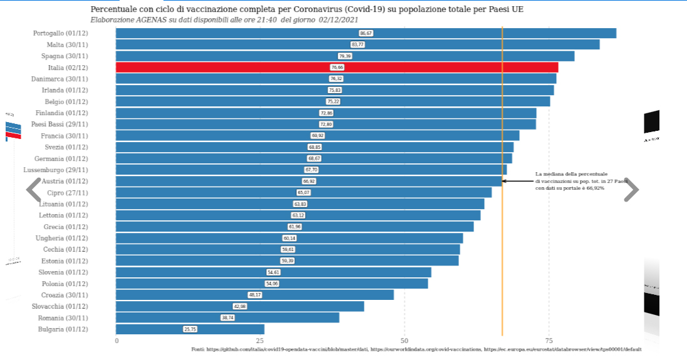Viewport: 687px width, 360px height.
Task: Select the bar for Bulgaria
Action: (x=190, y=329)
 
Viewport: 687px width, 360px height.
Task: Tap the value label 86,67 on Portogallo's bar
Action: (x=366, y=33)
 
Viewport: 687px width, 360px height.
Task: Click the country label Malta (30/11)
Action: (x=67, y=44)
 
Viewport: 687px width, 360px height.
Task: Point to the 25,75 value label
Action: (x=190, y=329)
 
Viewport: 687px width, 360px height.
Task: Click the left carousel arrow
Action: (x=33, y=190)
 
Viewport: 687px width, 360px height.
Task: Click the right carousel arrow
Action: (x=631, y=190)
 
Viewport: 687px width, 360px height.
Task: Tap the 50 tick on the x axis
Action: (x=405, y=341)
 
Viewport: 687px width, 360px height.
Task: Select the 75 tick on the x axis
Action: (x=549, y=341)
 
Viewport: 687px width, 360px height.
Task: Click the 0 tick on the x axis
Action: (x=116, y=341)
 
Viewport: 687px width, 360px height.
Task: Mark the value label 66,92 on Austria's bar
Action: (x=309, y=181)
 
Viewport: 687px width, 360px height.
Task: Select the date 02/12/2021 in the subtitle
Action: (x=338, y=20)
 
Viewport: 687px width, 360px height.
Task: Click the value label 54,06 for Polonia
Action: (x=272, y=283)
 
